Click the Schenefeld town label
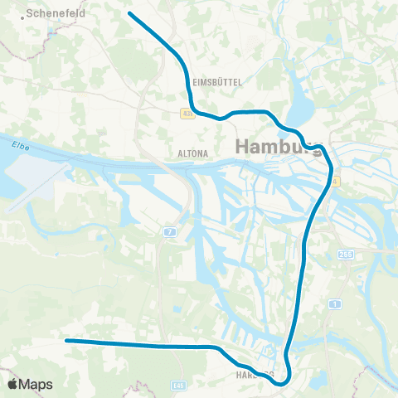[x=57, y=13]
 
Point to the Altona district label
[x=192, y=153]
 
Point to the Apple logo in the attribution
[x=13, y=384]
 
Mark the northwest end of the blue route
[x=129, y=13]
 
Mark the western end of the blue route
[x=66, y=340]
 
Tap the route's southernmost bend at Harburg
[x=280, y=383]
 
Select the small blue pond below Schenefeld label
[x=51, y=34]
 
